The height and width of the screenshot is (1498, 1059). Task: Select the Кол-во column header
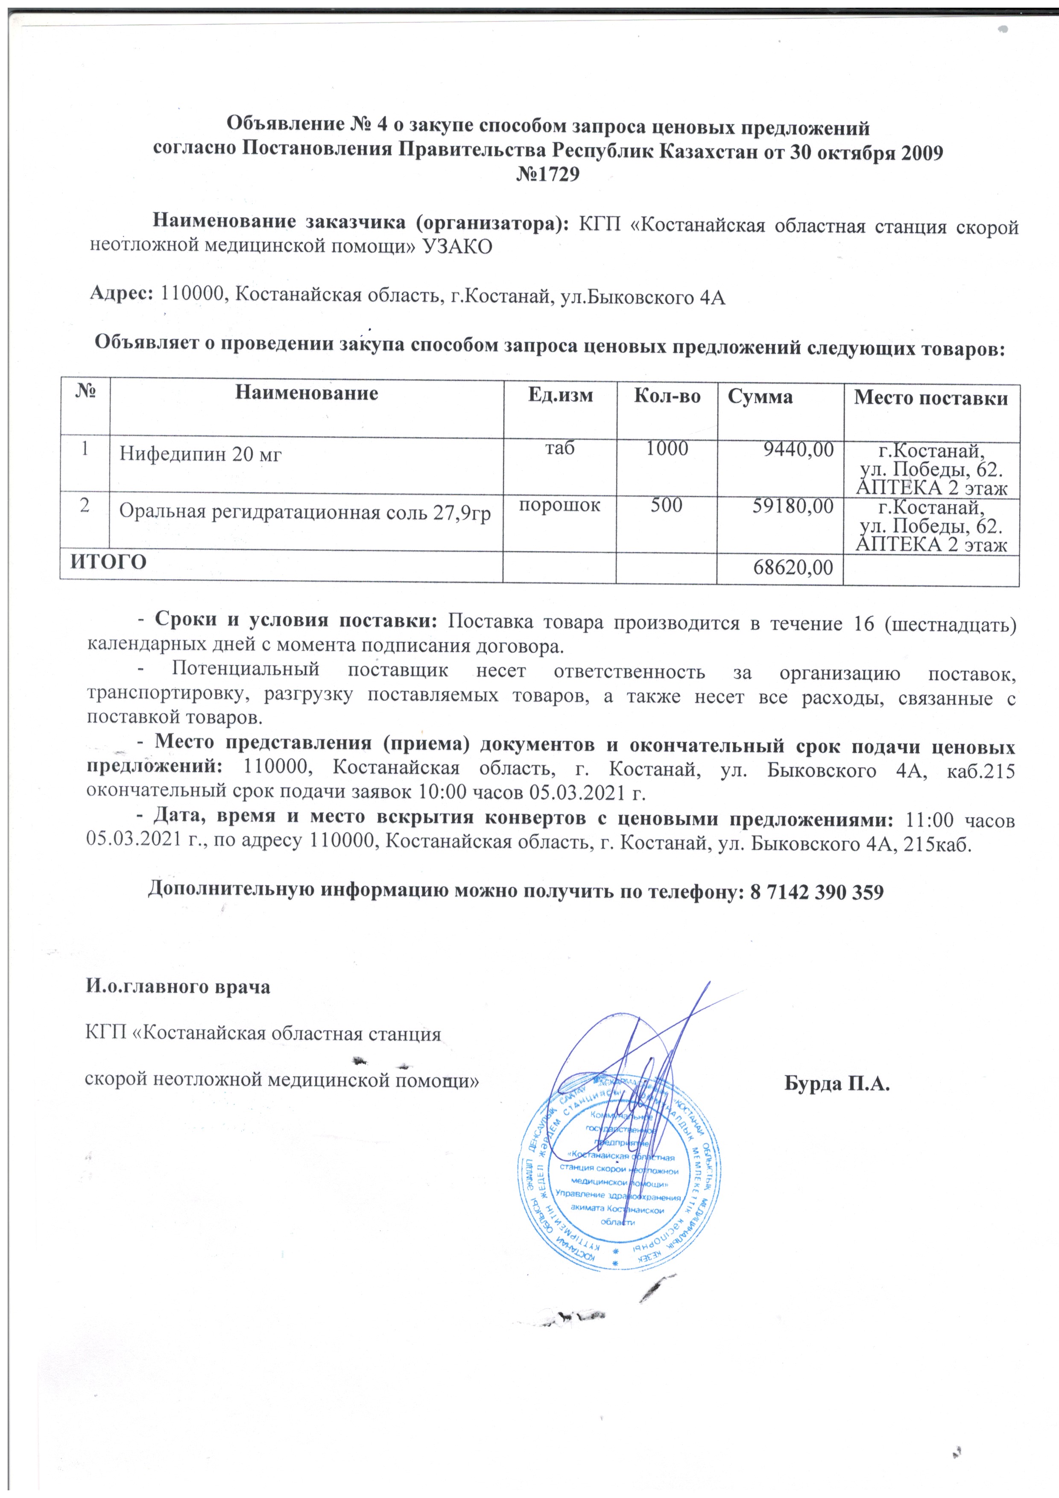pyautogui.click(x=667, y=396)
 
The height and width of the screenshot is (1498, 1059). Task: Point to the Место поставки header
pyautogui.click(x=931, y=398)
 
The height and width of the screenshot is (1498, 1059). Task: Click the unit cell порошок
pyautogui.click(x=560, y=504)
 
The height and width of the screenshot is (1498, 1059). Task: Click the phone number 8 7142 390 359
pyautogui.click(x=816, y=892)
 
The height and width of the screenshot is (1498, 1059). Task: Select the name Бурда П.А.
pyautogui.click(x=837, y=1085)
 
